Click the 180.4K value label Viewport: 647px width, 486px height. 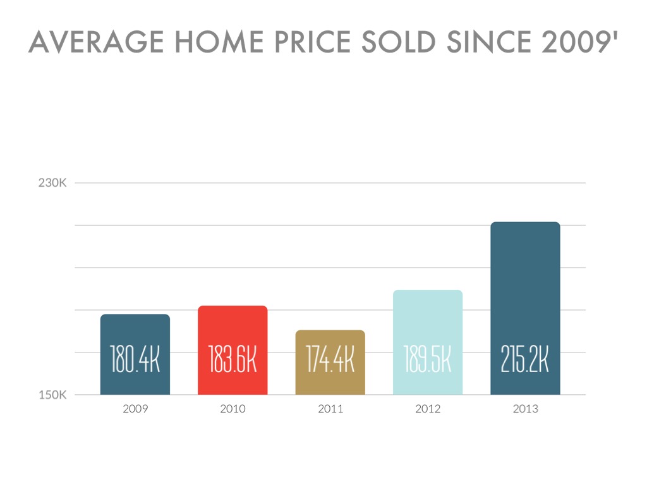tap(135, 359)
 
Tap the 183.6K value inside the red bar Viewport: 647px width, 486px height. tap(233, 359)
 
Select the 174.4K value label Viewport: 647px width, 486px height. tap(330, 359)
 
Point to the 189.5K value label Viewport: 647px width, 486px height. tap(428, 359)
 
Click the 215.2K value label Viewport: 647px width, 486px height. tap(525, 359)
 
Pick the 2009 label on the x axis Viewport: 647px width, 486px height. tap(135, 409)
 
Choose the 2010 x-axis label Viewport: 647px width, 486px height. tap(233, 409)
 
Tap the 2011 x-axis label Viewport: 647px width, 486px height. tap(330, 409)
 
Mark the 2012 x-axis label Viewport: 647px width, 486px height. tap(428, 409)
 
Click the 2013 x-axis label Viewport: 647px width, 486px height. tap(526, 409)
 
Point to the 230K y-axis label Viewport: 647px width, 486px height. tap(52, 183)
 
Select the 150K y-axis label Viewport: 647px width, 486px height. tap(52, 396)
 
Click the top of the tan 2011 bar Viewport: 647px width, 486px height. tap(330, 331)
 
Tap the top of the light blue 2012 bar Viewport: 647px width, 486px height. tap(428, 291)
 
